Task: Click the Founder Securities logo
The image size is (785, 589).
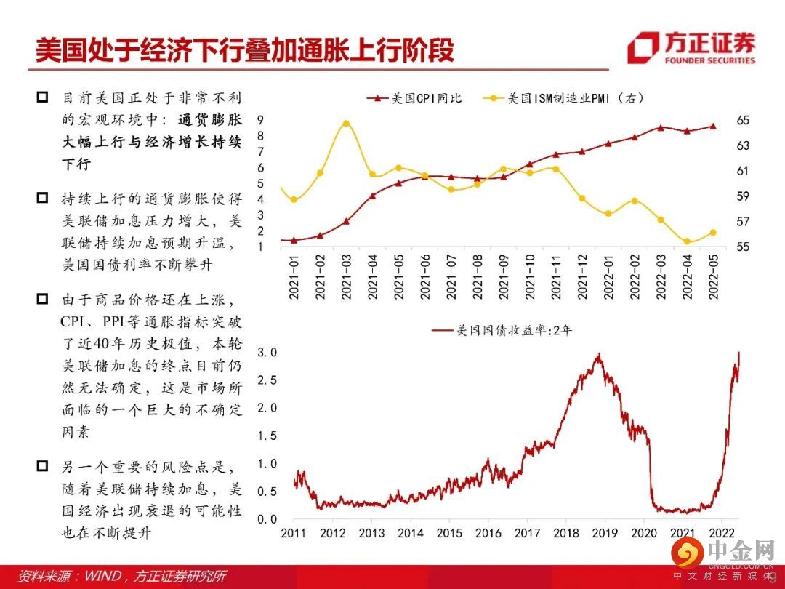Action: point(691,48)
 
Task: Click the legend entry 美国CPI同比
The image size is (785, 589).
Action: point(414,98)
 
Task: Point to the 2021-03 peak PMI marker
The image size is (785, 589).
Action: point(346,124)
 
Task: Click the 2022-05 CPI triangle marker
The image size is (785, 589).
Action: point(713,126)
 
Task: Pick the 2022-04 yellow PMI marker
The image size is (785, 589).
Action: point(687,241)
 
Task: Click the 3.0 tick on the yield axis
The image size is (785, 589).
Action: point(269,353)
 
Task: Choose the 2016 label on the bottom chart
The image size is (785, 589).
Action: point(488,533)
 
